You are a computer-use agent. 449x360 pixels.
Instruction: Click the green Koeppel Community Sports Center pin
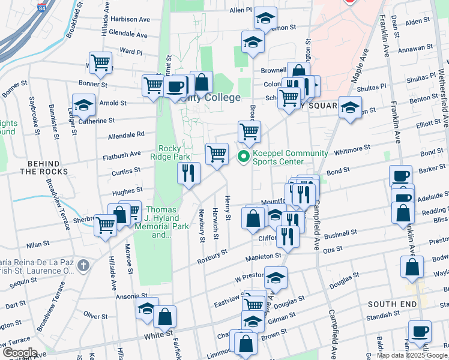244,158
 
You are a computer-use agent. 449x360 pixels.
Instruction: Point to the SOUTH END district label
392,304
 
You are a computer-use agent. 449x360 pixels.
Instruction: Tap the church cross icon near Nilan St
83,265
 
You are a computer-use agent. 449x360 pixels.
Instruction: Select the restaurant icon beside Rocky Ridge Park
189,173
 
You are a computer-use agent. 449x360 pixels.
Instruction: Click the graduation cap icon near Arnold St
83,105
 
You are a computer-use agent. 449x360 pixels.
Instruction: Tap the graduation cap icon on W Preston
276,278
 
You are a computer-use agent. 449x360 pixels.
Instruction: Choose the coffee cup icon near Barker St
400,176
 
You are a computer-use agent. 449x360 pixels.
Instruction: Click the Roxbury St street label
212,256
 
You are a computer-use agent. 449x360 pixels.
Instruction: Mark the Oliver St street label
95,315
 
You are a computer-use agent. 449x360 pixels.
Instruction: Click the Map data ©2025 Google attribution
412,355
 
